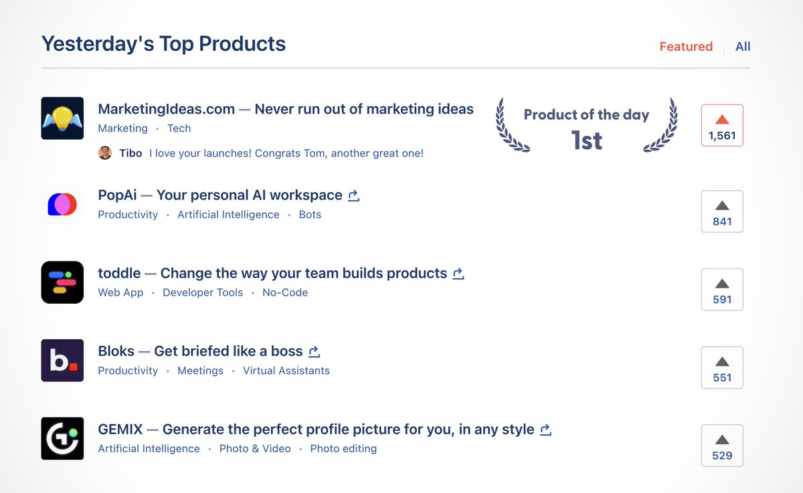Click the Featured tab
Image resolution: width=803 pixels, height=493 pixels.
coord(686,47)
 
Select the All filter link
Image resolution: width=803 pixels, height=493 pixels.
coord(743,47)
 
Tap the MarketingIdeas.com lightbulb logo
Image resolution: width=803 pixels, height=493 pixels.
coord(62,118)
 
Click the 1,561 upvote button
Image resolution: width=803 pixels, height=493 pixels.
coord(722,126)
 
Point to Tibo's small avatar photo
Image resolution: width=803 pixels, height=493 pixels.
coord(105,153)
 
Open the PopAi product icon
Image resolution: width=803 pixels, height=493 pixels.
coord(62,204)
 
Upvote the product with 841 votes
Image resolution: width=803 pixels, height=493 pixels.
coord(722,211)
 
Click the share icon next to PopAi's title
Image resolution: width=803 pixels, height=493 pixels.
coord(354,196)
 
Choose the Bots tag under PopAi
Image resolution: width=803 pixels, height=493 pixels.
coord(310,215)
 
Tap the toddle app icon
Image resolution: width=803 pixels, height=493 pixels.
coord(62,282)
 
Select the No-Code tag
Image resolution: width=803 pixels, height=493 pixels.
coord(285,292)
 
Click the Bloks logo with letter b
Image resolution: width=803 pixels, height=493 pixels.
coord(62,361)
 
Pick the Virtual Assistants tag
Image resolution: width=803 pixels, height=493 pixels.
coord(286,371)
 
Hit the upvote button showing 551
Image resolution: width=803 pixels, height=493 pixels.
coord(722,367)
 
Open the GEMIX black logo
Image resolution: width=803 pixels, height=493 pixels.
coord(62,438)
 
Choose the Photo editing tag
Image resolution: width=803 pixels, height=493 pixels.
coord(343,449)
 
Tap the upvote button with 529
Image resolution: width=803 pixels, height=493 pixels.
coord(722,446)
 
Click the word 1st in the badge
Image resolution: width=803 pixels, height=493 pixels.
coord(587,140)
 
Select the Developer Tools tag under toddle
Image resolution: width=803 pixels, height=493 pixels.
coord(203,292)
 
